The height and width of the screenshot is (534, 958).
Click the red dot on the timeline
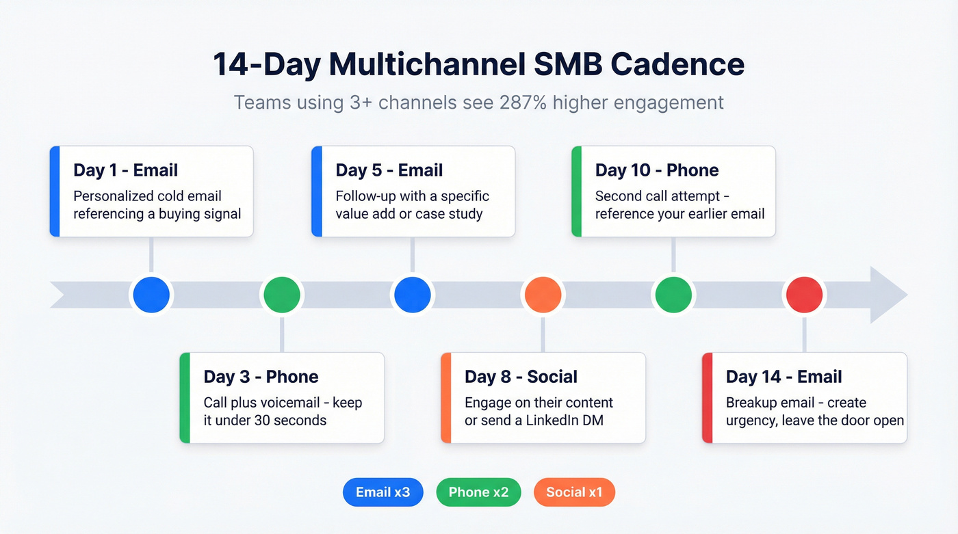click(x=804, y=295)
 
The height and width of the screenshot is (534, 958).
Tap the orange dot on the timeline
click(x=543, y=295)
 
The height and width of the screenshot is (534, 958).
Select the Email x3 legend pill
click(x=383, y=492)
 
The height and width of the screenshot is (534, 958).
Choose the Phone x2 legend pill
click(x=478, y=492)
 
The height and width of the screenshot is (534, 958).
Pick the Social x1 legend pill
click(x=574, y=492)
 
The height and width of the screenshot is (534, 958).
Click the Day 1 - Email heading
click(x=125, y=170)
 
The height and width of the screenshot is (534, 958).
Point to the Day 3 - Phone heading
click(x=261, y=377)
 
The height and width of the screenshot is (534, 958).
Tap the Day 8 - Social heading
click(x=521, y=377)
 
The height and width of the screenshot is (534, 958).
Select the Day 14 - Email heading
click(x=784, y=377)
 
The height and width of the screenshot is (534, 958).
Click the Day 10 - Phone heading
click(x=656, y=170)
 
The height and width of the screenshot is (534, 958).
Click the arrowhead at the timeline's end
click(x=888, y=295)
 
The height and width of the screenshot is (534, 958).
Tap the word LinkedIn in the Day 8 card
click(x=552, y=420)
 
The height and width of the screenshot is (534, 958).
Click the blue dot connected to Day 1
click(x=151, y=295)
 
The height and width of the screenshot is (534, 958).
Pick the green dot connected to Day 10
click(x=673, y=295)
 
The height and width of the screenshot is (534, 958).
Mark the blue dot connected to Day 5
click(x=411, y=295)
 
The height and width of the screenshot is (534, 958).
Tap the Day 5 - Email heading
click(x=389, y=170)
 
